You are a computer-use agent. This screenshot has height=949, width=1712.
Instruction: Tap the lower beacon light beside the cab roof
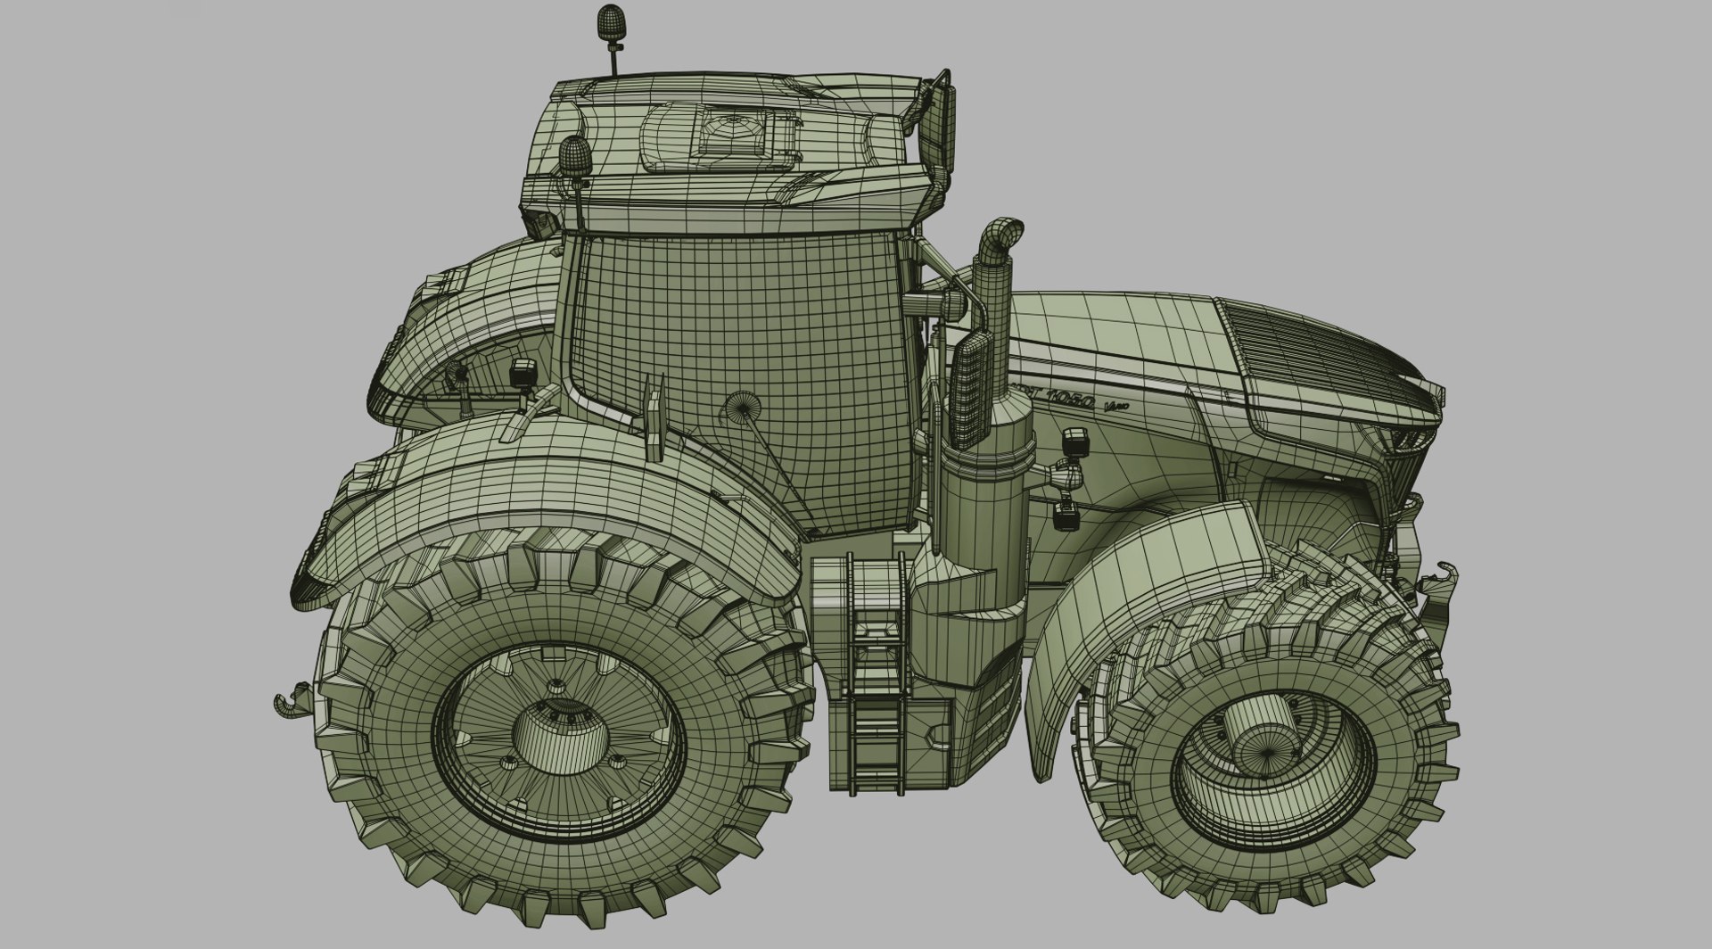point(572,154)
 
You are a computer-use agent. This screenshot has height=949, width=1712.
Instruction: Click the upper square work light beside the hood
point(1077,441)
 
